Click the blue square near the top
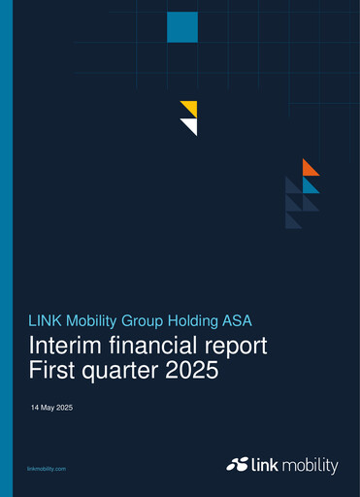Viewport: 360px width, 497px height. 182,27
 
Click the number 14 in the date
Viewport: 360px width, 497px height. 35,408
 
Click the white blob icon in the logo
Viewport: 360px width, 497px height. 237,466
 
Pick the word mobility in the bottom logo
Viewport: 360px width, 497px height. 310,466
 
